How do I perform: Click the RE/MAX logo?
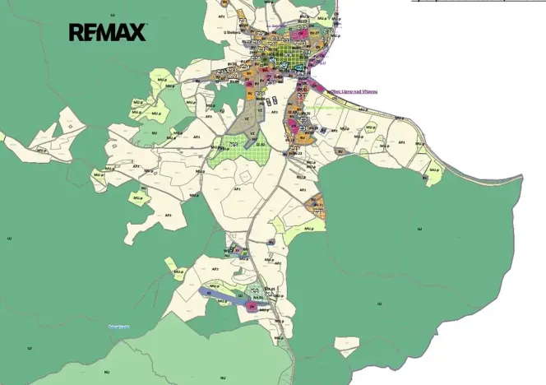tap(108, 32)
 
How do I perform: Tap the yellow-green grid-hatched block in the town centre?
tap(283, 58)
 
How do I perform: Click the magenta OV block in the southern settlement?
tap(252, 307)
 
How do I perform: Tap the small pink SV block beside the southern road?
tap(238, 248)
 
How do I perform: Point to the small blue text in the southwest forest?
tap(119, 327)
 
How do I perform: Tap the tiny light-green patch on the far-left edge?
tap(2, 137)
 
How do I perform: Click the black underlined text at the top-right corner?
tap(477, 2)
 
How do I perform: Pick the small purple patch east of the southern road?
tap(271, 242)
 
